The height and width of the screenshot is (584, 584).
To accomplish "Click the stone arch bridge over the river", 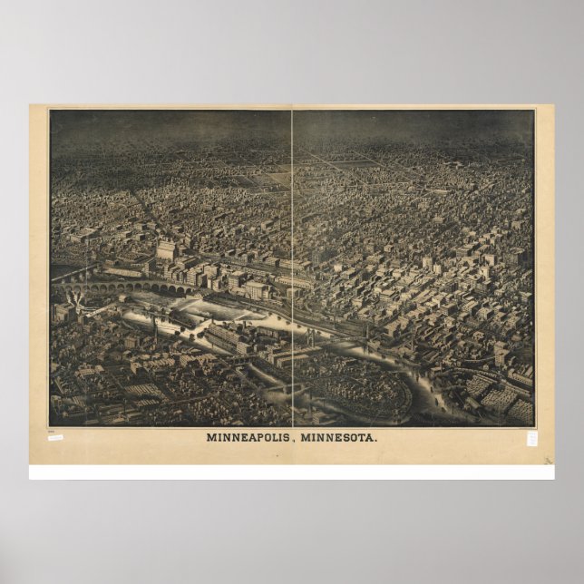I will pos(127,287).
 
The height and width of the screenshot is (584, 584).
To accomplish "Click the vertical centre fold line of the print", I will pos(292,227).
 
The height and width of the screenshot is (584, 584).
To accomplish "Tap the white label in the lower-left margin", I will pos(55,437).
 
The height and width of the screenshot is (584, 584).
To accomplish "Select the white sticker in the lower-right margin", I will pos(532,438).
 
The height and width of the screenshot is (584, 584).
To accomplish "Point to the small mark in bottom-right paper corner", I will pos(548,460).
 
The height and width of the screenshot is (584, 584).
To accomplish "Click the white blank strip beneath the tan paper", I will pos(292,472).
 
